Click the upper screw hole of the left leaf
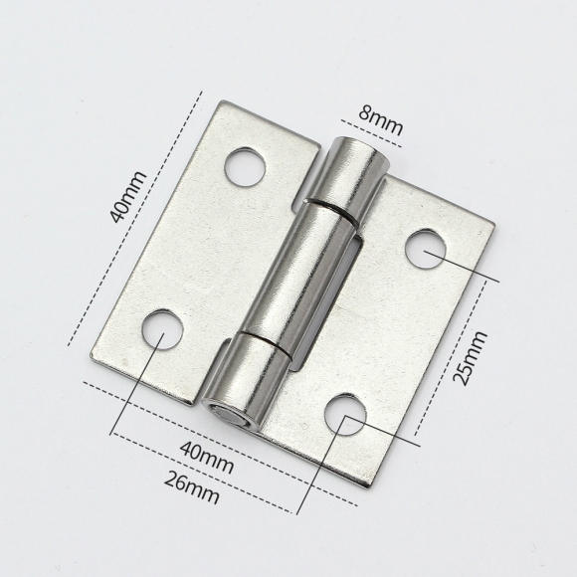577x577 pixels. (x=245, y=167)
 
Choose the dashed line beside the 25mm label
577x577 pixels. (x=450, y=358)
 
